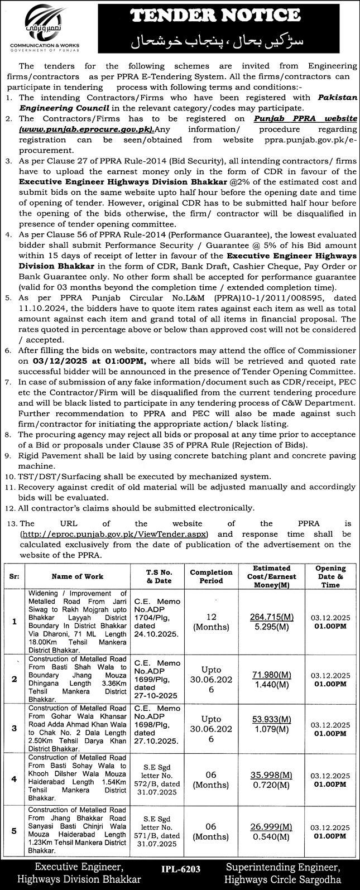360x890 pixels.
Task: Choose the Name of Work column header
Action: [78, 576]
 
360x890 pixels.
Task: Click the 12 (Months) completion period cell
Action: [211, 617]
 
